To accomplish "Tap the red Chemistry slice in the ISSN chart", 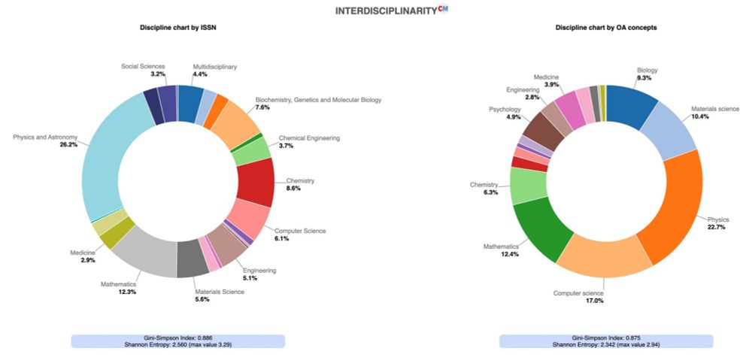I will tap(256, 183).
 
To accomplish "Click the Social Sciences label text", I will tap(143, 67).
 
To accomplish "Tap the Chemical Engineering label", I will tap(309, 138).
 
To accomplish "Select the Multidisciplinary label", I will tap(214, 67).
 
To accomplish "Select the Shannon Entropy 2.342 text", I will tap(606, 344).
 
